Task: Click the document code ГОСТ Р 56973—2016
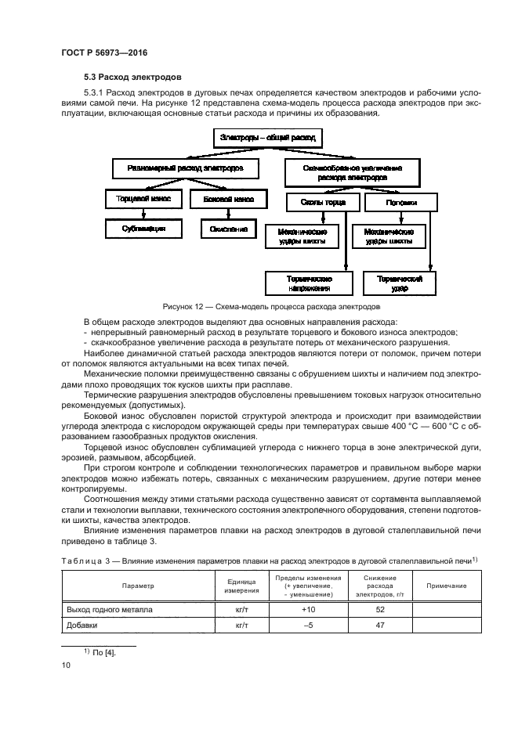point(104,52)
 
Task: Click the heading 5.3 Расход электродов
point(132,78)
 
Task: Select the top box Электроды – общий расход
point(268,138)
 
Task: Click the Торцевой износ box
point(143,200)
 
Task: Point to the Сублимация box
point(143,229)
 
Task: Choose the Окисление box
point(228,229)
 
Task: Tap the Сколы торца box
point(322,201)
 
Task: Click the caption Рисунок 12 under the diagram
point(271,307)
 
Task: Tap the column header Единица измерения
point(242,585)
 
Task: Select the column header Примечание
point(447,586)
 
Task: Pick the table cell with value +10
point(308,608)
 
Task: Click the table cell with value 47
point(380,625)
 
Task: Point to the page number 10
point(65,665)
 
